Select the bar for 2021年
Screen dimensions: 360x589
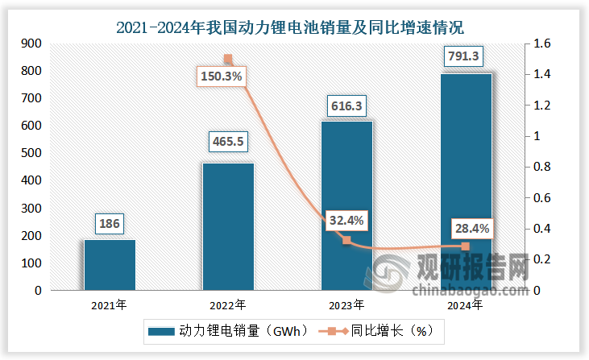point(110,264)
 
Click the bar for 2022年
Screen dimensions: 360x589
point(228,226)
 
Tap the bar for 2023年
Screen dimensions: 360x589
point(346,205)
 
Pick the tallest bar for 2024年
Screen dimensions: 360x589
point(466,181)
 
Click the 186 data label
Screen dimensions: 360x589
point(110,223)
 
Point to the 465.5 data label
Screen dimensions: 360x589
point(228,142)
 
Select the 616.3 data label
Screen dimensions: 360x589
point(347,105)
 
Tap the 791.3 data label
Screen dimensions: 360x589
point(465,56)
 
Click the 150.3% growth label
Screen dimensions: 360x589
point(219,77)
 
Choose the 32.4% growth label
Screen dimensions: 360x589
point(347,219)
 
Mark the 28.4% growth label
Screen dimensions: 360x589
point(466,230)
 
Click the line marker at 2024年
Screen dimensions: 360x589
point(465,246)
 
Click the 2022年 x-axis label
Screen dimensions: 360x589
point(228,305)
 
